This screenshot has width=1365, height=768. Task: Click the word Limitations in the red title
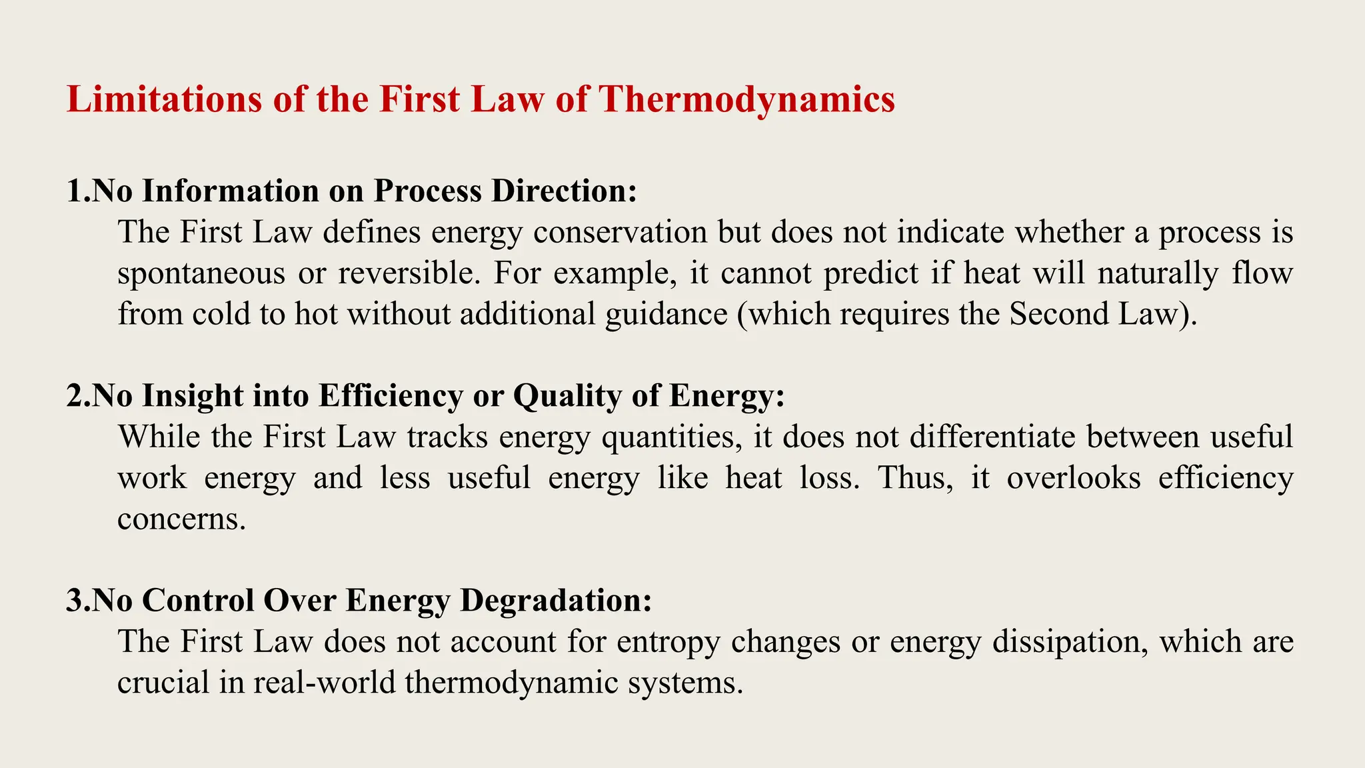point(163,99)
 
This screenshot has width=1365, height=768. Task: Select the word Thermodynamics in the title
point(746,99)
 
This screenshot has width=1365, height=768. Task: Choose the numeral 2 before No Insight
point(74,396)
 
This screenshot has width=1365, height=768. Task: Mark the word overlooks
point(1073,478)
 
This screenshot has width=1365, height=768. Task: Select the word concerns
point(181,519)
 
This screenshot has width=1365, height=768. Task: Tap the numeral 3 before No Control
point(74,601)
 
